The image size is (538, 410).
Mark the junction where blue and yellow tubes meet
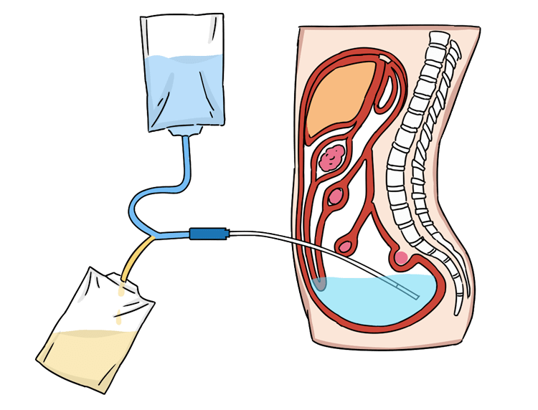[153, 235]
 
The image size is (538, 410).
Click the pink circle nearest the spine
[401, 257]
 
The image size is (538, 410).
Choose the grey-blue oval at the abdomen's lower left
[320, 283]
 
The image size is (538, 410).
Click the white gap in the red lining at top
[387, 56]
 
